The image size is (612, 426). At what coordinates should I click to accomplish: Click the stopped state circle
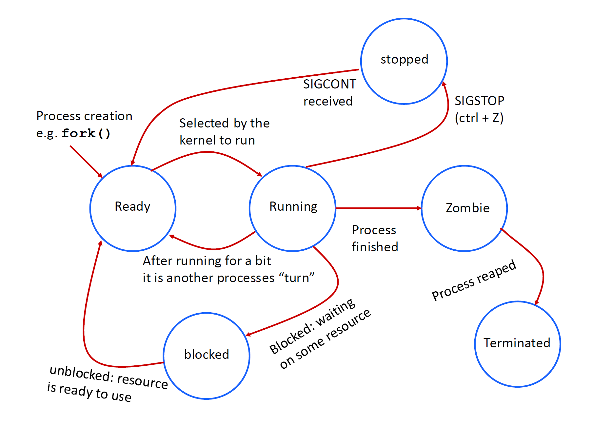pos(404,61)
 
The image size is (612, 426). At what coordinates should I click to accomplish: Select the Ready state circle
pos(133,208)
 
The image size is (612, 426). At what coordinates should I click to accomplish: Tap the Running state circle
pos(292,208)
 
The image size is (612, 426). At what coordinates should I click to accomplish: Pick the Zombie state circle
pos(464,208)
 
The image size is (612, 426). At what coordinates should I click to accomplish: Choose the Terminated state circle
pos(517,344)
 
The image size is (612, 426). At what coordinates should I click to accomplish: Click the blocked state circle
pos(207,356)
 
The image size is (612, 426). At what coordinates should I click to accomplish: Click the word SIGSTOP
pos(479,101)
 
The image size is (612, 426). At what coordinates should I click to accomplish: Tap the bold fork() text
pos(86,133)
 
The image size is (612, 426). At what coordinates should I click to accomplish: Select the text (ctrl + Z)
pos(479,118)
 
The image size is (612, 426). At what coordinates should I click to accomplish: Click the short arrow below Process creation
pos(86,161)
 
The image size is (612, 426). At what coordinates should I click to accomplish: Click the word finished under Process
pos(375,247)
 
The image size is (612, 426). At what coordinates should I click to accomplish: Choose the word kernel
pos(198,140)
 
